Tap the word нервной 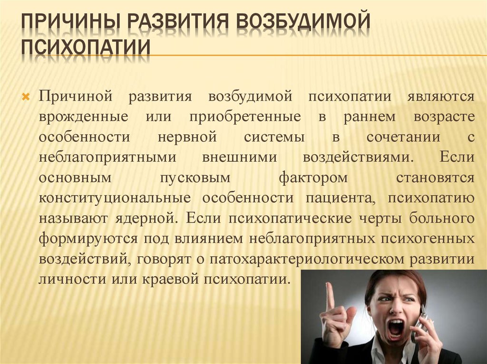pos(186,137)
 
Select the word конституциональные pos(115,198)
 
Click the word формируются pos(89,238)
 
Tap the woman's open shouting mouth pos(395,327)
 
